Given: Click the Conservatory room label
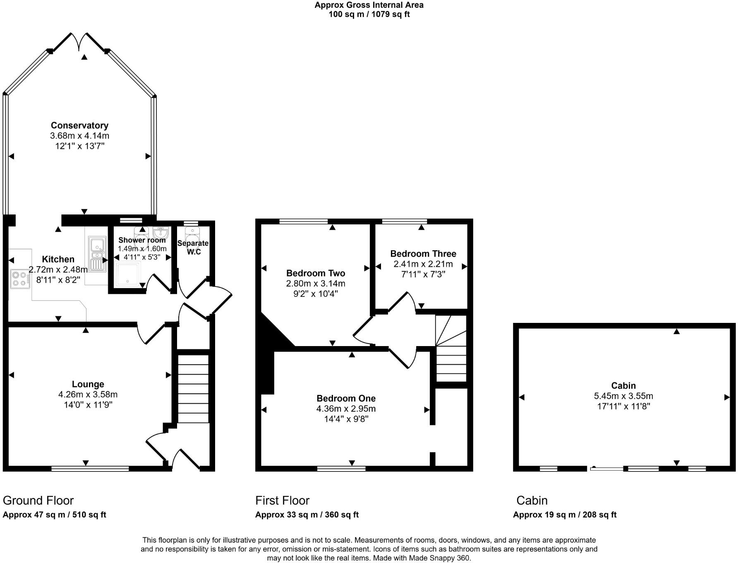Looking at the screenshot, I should pos(79,125).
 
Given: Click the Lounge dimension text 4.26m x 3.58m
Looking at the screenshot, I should pos(88,395).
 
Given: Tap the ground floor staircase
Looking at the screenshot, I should pos(193,388).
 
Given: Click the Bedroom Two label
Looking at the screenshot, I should pos(316,273).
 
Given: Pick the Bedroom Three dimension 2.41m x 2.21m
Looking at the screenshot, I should pos(423,264).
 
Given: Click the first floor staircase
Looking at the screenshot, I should pos(451,350).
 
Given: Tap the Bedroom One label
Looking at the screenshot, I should pos(346,398).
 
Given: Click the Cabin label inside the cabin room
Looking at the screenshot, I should pos(623,385).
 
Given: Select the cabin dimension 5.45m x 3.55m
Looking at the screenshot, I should pos(623,396).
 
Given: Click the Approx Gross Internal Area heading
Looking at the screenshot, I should pos(369,5).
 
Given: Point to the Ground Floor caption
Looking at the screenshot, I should pos(38,500).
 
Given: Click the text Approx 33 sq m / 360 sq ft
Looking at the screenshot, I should pos(307,515).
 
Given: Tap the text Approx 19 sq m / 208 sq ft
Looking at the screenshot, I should pos(564,515).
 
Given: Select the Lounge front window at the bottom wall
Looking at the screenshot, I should pos(90,469).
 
